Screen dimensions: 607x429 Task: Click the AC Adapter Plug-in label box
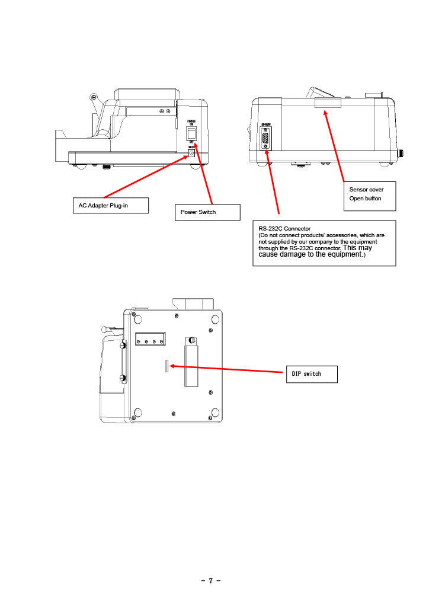tap(110, 206)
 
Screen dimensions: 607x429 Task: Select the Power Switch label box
tap(207, 212)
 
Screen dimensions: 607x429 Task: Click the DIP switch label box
tap(312, 374)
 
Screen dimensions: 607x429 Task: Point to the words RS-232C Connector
tap(284, 228)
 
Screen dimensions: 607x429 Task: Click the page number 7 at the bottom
tap(210, 580)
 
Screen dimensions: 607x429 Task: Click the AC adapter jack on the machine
tap(191, 154)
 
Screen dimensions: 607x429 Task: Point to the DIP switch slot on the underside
tap(167, 366)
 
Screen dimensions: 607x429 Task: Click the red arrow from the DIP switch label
tap(225, 369)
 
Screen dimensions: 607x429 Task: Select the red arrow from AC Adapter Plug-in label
tap(145, 176)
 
